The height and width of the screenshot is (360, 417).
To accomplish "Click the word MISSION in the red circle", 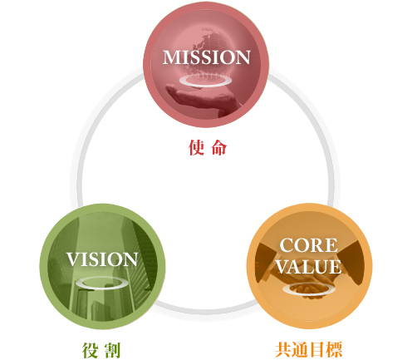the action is (x=206, y=57).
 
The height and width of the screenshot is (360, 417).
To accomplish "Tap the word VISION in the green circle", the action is (x=102, y=259).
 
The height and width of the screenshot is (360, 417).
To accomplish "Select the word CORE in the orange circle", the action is (x=309, y=245).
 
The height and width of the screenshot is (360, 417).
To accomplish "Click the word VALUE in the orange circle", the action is (x=309, y=267).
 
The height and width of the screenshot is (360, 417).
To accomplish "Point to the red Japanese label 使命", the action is (x=208, y=147).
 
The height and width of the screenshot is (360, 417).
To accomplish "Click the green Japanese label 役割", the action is (x=101, y=350).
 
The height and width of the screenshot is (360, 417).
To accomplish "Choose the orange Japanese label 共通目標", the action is (x=309, y=350).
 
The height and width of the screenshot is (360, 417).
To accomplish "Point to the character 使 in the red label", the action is (x=197, y=147).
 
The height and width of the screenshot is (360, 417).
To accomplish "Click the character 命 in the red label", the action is (x=219, y=148).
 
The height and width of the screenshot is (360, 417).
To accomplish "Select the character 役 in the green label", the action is (x=90, y=350).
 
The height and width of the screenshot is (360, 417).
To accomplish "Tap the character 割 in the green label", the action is (x=113, y=351).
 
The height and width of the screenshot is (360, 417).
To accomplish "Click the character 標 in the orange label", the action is (x=335, y=350).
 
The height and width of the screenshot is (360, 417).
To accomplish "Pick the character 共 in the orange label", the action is (x=283, y=350).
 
